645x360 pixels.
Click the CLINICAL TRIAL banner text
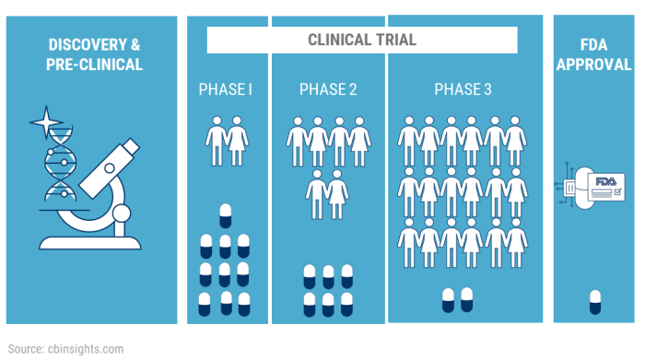click(361, 40)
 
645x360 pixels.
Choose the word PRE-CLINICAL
click(93, 64)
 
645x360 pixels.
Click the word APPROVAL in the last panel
click(594, 64)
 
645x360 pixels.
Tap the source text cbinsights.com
click(89, 349)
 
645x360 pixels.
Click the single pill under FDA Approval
click(594, 300)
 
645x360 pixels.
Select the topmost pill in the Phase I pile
click(226, 215)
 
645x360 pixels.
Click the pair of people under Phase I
click(226, 139)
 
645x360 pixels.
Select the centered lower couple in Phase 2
click(327, 193)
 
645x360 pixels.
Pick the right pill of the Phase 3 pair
click(467, 298)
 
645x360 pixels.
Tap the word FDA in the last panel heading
click(594, 44)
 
